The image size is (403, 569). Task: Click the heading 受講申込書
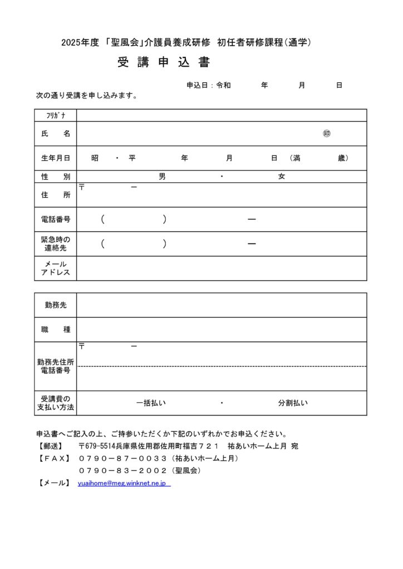(x=164, y=63)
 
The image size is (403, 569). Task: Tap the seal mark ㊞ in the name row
(x=327, y=134)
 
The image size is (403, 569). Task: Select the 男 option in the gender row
(x=162, y=177)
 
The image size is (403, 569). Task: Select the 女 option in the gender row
(x=282, y=177)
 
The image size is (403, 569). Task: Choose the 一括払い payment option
(x=151, y=403)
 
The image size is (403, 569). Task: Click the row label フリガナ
(x=56, y=116)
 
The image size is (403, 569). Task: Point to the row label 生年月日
(x=56, y=158)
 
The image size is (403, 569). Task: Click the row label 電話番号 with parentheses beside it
(x=56, y=219)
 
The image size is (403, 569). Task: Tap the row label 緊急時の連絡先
(x=56, y=244)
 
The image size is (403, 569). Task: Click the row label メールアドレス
(x=56, y=268)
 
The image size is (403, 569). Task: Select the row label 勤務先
(x=56, y=305)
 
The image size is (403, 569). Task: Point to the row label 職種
(x=56, y=330)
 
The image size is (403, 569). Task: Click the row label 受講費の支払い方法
(x=56, y=403)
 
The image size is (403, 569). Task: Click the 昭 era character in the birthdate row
(x=95, y=158)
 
